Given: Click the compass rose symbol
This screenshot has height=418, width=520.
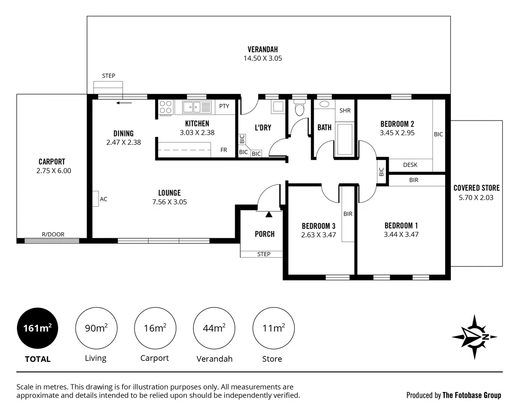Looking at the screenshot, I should tap(475, 337).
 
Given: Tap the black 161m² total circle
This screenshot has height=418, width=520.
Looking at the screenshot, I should tap(38, 328).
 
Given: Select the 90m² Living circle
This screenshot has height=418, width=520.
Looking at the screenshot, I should tap(96, 328).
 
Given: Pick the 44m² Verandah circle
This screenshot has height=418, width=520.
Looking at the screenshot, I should tap(214, 328).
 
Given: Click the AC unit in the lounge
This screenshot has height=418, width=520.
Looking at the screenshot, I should tap(96, 199).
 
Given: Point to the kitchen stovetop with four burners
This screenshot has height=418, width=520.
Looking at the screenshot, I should tap(166, 107).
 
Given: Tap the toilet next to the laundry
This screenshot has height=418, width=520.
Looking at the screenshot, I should tap(300, 108).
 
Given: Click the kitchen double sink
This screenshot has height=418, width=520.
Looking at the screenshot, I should tap(192, 107).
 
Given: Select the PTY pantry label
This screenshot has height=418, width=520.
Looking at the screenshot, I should tap(224, 106).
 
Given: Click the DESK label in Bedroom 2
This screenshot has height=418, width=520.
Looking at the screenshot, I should tap(410, 165).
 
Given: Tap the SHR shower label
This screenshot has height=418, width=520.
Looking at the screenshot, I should tap(345, 110).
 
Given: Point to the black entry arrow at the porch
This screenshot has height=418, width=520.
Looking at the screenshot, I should tap(269, 214).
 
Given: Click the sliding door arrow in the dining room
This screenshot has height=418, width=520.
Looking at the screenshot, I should tap(124, 103).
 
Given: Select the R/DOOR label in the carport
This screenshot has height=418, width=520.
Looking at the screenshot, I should tap(53, 234).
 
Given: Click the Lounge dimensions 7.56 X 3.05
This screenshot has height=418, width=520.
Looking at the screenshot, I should tap(169, 202).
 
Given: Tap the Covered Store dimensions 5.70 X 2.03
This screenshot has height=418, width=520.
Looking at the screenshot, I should tap(476, 197).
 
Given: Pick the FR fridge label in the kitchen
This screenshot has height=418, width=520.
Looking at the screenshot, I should tap(224, 150).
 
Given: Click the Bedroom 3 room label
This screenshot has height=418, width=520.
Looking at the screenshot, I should tap(318, 226).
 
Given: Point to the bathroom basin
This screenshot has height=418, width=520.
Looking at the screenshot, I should tap(324, 104).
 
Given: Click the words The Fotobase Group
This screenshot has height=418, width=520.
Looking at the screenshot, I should tap(472, 395).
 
